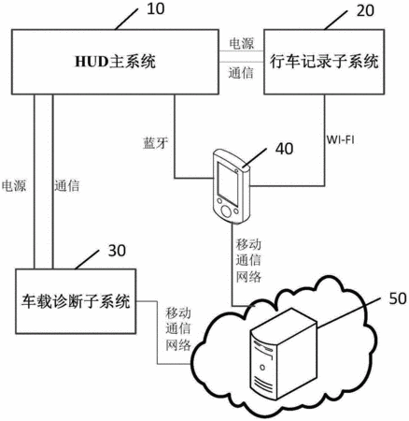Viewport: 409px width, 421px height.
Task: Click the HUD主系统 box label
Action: click(x=115, y=62)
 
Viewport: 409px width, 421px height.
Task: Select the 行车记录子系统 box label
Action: click(x=324, y=61)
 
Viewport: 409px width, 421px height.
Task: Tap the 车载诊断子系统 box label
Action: click(x=76, y=301)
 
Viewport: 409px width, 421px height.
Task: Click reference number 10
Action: click(x=155, y=9)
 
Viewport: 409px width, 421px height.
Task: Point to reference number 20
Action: click(x=365, y=11)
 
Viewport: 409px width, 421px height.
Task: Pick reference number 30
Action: click(x=117, y=251)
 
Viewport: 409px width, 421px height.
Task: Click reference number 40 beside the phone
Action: click(x=284, y=149)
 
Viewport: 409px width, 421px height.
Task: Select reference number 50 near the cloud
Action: click(x=398, y=298)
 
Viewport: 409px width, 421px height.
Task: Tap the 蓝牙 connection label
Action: click(x=155, y=143)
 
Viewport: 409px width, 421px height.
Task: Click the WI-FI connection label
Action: click(x=340, y=139)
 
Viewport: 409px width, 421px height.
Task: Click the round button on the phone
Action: click(x=226, y=211)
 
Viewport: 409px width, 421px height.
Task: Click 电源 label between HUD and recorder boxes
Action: click(x=242, y=43)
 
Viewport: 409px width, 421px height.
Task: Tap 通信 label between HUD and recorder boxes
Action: click(x=241, y=73)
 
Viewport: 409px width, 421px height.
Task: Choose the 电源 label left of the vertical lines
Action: click(x=14, y=186)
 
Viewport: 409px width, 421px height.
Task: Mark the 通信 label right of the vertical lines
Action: click(x=67, y=186)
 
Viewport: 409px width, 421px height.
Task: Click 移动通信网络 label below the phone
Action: click(x=248, y=261)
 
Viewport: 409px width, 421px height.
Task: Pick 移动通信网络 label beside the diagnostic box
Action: click(x=178, y=329)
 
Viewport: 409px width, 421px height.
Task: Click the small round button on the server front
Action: click(x=262, y=368)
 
